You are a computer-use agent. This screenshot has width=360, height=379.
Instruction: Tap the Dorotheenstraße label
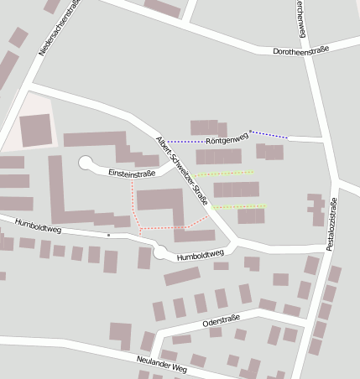tap(301, 51)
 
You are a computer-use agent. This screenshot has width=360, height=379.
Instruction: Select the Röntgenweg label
tap(227, 137)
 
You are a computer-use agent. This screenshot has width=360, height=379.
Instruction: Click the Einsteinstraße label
tap(132, 173)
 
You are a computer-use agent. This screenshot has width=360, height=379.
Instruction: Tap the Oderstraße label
tap(222, 320)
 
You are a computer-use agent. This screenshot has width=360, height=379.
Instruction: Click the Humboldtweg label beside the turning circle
tap(201, 255)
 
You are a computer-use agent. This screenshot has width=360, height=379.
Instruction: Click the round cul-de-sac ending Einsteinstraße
tap(86, 163)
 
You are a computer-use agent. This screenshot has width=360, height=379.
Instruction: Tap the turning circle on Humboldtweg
tap(160, 252)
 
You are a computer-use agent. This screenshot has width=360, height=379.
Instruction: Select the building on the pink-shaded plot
tap(35, 130)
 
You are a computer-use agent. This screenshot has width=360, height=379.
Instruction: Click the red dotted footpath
tap(133, 201)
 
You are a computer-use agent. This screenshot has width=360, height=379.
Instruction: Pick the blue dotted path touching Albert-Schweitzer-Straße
tap(186, 141)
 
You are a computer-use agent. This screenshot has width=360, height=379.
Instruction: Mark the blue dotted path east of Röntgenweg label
tap(269, 134)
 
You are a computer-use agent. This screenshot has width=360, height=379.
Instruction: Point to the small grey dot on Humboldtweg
tap(108, 236)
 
